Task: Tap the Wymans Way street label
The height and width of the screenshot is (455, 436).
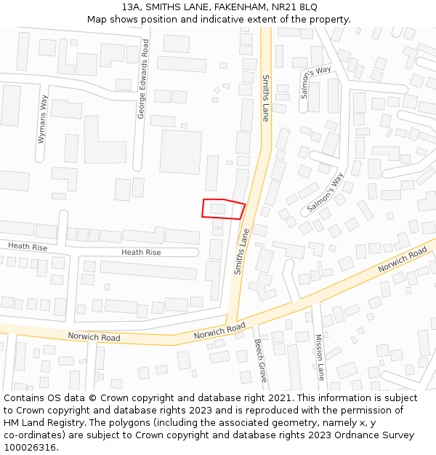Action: tap(42, 118)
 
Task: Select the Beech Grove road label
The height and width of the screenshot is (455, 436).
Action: tap(261, 360)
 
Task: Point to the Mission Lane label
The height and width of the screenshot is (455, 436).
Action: tap(319, 357)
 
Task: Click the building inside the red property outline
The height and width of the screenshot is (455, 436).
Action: tap(217, 209)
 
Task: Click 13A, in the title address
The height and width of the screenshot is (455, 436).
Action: tap(132, 7)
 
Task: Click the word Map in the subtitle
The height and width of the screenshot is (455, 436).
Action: tap(97, 20)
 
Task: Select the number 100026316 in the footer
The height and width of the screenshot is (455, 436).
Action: tap(31, 448)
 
